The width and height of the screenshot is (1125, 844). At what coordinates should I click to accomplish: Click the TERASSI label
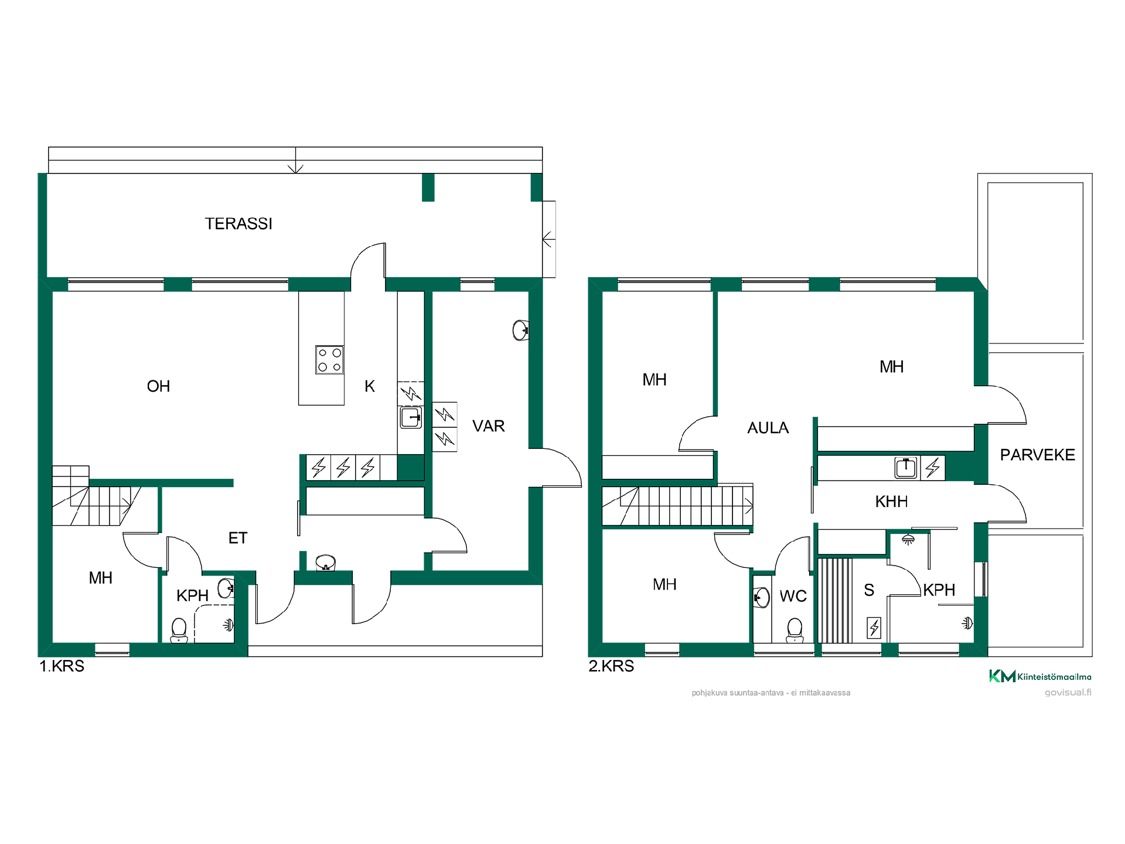238,224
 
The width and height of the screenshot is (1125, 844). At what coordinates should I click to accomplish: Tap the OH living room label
158,386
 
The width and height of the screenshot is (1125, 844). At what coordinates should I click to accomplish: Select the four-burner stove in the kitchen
329,359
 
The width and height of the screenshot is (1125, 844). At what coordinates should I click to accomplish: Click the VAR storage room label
488,426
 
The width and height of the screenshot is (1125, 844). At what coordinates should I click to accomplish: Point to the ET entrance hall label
238,538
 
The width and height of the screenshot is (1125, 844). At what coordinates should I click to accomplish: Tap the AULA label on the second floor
768,428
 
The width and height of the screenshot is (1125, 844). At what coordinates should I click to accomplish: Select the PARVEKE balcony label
1037,455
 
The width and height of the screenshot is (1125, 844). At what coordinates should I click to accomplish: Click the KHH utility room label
891,502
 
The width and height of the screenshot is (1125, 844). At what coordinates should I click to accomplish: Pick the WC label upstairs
793,597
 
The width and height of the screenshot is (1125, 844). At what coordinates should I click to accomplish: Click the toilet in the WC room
795,631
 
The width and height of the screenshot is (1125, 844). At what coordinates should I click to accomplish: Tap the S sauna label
869,590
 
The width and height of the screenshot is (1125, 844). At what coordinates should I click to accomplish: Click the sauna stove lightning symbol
874,628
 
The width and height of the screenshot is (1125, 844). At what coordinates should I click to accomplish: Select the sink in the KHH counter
906,468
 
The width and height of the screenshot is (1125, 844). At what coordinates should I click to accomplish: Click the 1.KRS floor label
62,666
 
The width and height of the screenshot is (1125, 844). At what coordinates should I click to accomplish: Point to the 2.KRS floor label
611,666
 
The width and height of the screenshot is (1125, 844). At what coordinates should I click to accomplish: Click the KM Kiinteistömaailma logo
1040,676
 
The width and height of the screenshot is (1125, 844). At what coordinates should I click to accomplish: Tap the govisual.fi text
1068,693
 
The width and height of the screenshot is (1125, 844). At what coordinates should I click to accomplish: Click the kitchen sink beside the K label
411,418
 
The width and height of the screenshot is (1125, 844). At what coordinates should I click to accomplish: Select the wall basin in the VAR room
521,331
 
